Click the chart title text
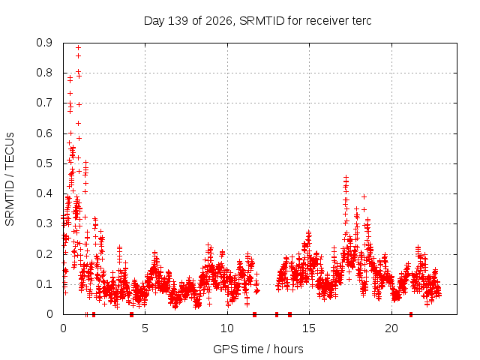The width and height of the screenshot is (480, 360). (257, 21)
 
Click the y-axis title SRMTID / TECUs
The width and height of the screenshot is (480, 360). (10, 179)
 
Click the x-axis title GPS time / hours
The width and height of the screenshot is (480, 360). (258, 349)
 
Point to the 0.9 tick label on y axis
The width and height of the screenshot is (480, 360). (44, 43)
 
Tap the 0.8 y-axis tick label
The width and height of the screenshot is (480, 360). (44, 73)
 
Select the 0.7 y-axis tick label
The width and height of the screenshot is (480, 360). (44, 103)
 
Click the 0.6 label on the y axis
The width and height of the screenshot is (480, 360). (44, 133)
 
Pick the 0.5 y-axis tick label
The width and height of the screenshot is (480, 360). (44, 163)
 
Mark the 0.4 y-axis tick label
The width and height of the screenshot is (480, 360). (44, 193)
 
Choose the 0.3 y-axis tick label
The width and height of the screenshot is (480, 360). (44, 223)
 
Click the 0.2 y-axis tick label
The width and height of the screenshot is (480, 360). (44, 254)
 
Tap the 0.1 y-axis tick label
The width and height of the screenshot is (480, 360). (44, 284)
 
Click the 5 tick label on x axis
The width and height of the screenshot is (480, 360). (145, 328)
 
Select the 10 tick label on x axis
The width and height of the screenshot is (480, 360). (226, 328)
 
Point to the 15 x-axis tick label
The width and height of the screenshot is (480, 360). (309, 328)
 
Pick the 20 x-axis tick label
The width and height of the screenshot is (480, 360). (391, 328)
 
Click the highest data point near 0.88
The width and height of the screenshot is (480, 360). (78, 47)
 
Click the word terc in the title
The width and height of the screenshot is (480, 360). (362, 21)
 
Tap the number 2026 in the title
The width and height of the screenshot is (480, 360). (218, 21)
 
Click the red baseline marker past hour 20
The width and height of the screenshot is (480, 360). (411, 314)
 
